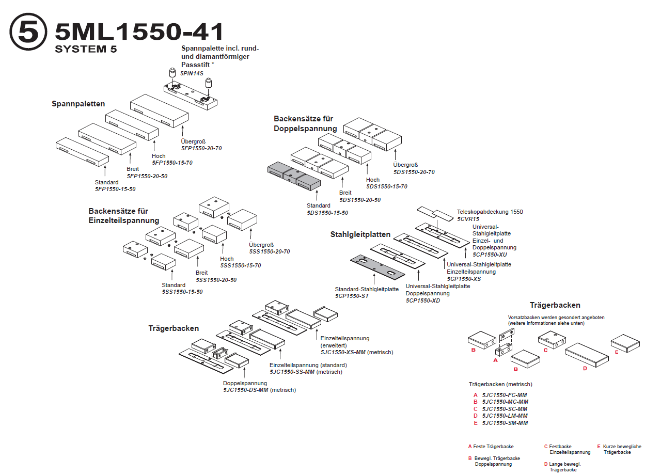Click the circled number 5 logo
click(x=28, y=32)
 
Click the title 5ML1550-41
click(x=139, y=32)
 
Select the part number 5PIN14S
click(x=192, y=73)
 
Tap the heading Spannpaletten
click(x=78, y=104)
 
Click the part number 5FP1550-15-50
click(x=115, y=189)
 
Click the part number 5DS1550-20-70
click(x=414, y=172)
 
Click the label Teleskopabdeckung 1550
click(x=490, y=212)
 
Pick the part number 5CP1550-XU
click(x=490, y=255)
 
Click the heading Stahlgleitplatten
click(x=360, y=234)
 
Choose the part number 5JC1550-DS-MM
click(x=246, y=390)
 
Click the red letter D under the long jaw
click(x=585, y=369)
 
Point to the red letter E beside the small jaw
click(x=617, y=352)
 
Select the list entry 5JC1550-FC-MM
click(x=505, y=395)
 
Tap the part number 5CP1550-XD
click(x=423, y=300)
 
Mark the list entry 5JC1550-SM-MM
click(x=505, y=423)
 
